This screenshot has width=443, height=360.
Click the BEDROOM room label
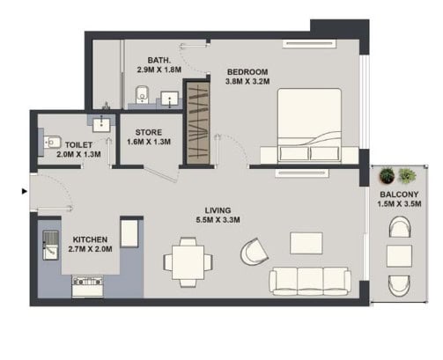pyautogui.click(x=247, y=72)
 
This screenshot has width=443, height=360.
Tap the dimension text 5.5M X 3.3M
pyautogui.click(x=218, y=220)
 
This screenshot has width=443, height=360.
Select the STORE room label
pyautogui.click(x=149, y=132)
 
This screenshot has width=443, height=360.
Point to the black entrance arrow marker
pyautogui.click(x=25, y=191)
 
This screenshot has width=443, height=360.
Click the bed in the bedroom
pyautogui.click(x=309, y=125)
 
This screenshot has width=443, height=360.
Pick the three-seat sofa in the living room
pyautogui.click(x=310, y=281)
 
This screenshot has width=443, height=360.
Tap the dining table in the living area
pyautogui.click(x=188, y=262)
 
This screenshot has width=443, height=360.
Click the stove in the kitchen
pyautogui.click(x=88, y=286)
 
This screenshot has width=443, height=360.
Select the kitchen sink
pyautogui.click(x=50, y=246)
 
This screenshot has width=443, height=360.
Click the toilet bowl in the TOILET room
pyautogui.click(x=52, y=143)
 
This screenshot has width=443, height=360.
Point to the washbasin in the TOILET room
pyautogui.click(x=101, y=125)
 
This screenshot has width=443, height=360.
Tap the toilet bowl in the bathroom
pyautogui.click(x=143, y=94)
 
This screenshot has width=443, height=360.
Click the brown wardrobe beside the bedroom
pyautogui.click(x=198, y=123)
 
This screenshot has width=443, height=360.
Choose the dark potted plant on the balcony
pyautogui.click(x=387, y=175)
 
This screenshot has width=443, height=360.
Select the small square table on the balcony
pyautogui.click(x=399, y=256)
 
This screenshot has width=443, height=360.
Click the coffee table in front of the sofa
pyautogui.click(x=306, y=243)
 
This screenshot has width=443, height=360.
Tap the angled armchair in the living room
pyautogui.click(x=255, y=252)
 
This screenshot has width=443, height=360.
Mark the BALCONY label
pyautogui.click(x=399, y=195)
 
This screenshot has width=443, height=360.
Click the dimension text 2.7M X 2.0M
pyautogui.click(x=90, y=249)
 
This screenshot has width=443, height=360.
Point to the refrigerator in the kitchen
pyautogui.click(x=129, y=233)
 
